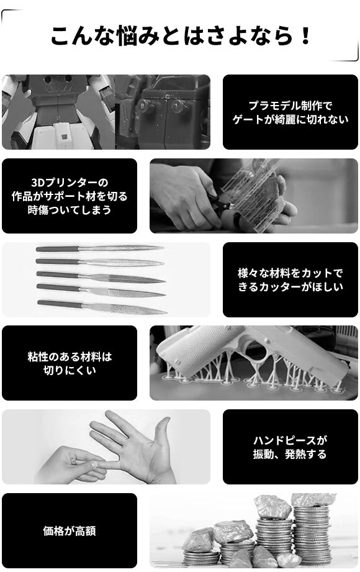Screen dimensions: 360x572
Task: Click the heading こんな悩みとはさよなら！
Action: [180, 35]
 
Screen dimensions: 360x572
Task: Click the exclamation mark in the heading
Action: [305, 35]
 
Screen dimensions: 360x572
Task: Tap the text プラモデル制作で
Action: [290, 106]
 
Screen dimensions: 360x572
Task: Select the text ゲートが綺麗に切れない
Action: [290, 119]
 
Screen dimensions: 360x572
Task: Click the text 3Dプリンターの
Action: [70, 183]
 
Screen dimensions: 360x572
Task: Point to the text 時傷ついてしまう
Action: [70, 210]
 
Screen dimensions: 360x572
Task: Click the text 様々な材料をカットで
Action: [290, 273]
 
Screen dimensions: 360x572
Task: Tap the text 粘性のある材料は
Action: [70, 356]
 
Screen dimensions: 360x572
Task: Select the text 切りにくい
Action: [70, 370]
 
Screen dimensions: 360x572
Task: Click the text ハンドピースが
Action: [290, 440]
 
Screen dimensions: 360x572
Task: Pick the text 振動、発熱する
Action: [290, 454]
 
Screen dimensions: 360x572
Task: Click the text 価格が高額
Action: [70, 531]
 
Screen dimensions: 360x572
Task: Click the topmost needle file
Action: [99, 249]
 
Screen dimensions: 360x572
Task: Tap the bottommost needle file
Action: [102, 307]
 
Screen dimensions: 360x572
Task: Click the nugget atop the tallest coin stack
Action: [313, 499]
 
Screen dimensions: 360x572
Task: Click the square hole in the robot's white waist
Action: [64, 137]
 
